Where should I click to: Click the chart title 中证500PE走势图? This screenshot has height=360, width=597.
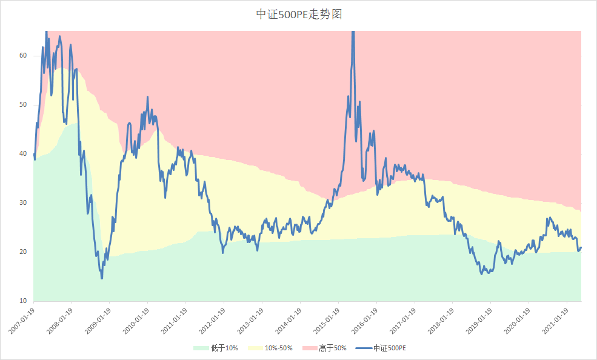click(299, 14)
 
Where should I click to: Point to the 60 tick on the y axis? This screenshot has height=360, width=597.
click(23, 55)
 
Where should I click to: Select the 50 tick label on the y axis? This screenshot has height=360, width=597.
click(23, 104)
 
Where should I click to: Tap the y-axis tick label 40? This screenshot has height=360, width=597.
click(23, 153)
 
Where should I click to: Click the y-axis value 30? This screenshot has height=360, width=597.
click(23, 202)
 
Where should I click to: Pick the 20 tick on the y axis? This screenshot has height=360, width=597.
click(23, 252)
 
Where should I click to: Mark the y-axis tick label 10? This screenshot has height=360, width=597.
click(23, 301)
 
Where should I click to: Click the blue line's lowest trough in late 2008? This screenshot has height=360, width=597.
click(102, 278)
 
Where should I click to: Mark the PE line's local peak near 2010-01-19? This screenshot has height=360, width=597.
click(147, 97)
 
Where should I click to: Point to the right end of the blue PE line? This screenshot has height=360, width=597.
click(581, 247)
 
